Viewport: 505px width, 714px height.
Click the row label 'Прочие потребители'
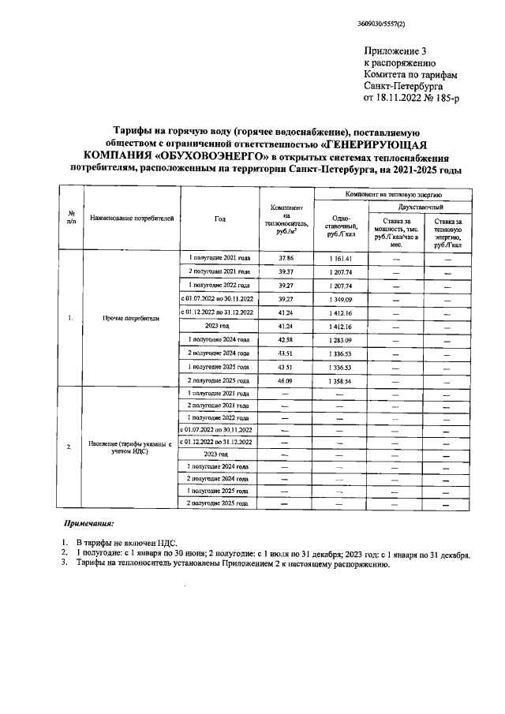(130, 319)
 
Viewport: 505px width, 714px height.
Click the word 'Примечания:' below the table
(88, 523)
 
